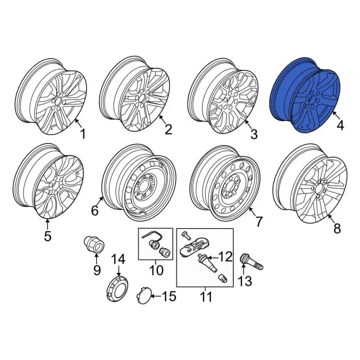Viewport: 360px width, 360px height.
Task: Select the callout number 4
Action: (x=340, y=125)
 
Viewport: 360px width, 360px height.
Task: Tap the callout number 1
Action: (x=83, y=134)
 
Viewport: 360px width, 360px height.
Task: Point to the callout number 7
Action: (x=259, y=222)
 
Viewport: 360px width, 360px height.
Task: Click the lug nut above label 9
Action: (x=94, y=245)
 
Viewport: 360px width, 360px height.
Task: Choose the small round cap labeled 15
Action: (x=144, y=295)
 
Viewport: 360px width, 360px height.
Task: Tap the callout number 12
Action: (x=225, y=256)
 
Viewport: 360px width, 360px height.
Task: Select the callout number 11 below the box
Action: (x=206, y=297)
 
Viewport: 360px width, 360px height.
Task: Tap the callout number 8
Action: (x=337, y=228)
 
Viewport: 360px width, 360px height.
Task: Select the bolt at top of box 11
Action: (x=184, y=235)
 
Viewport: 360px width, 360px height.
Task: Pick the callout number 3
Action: (x=254, y=134)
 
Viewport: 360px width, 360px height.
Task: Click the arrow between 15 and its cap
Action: (x=156, y=296)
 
